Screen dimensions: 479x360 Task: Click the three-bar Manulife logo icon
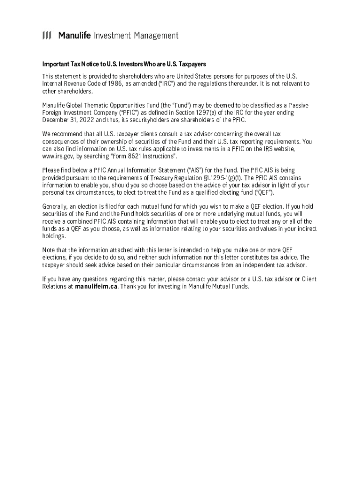(x=47, y=36)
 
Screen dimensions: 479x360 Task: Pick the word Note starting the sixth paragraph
(x=49, y=250)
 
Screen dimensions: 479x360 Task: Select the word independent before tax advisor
(x=255, y=265)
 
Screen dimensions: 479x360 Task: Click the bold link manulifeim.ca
(x=96, y=287)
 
